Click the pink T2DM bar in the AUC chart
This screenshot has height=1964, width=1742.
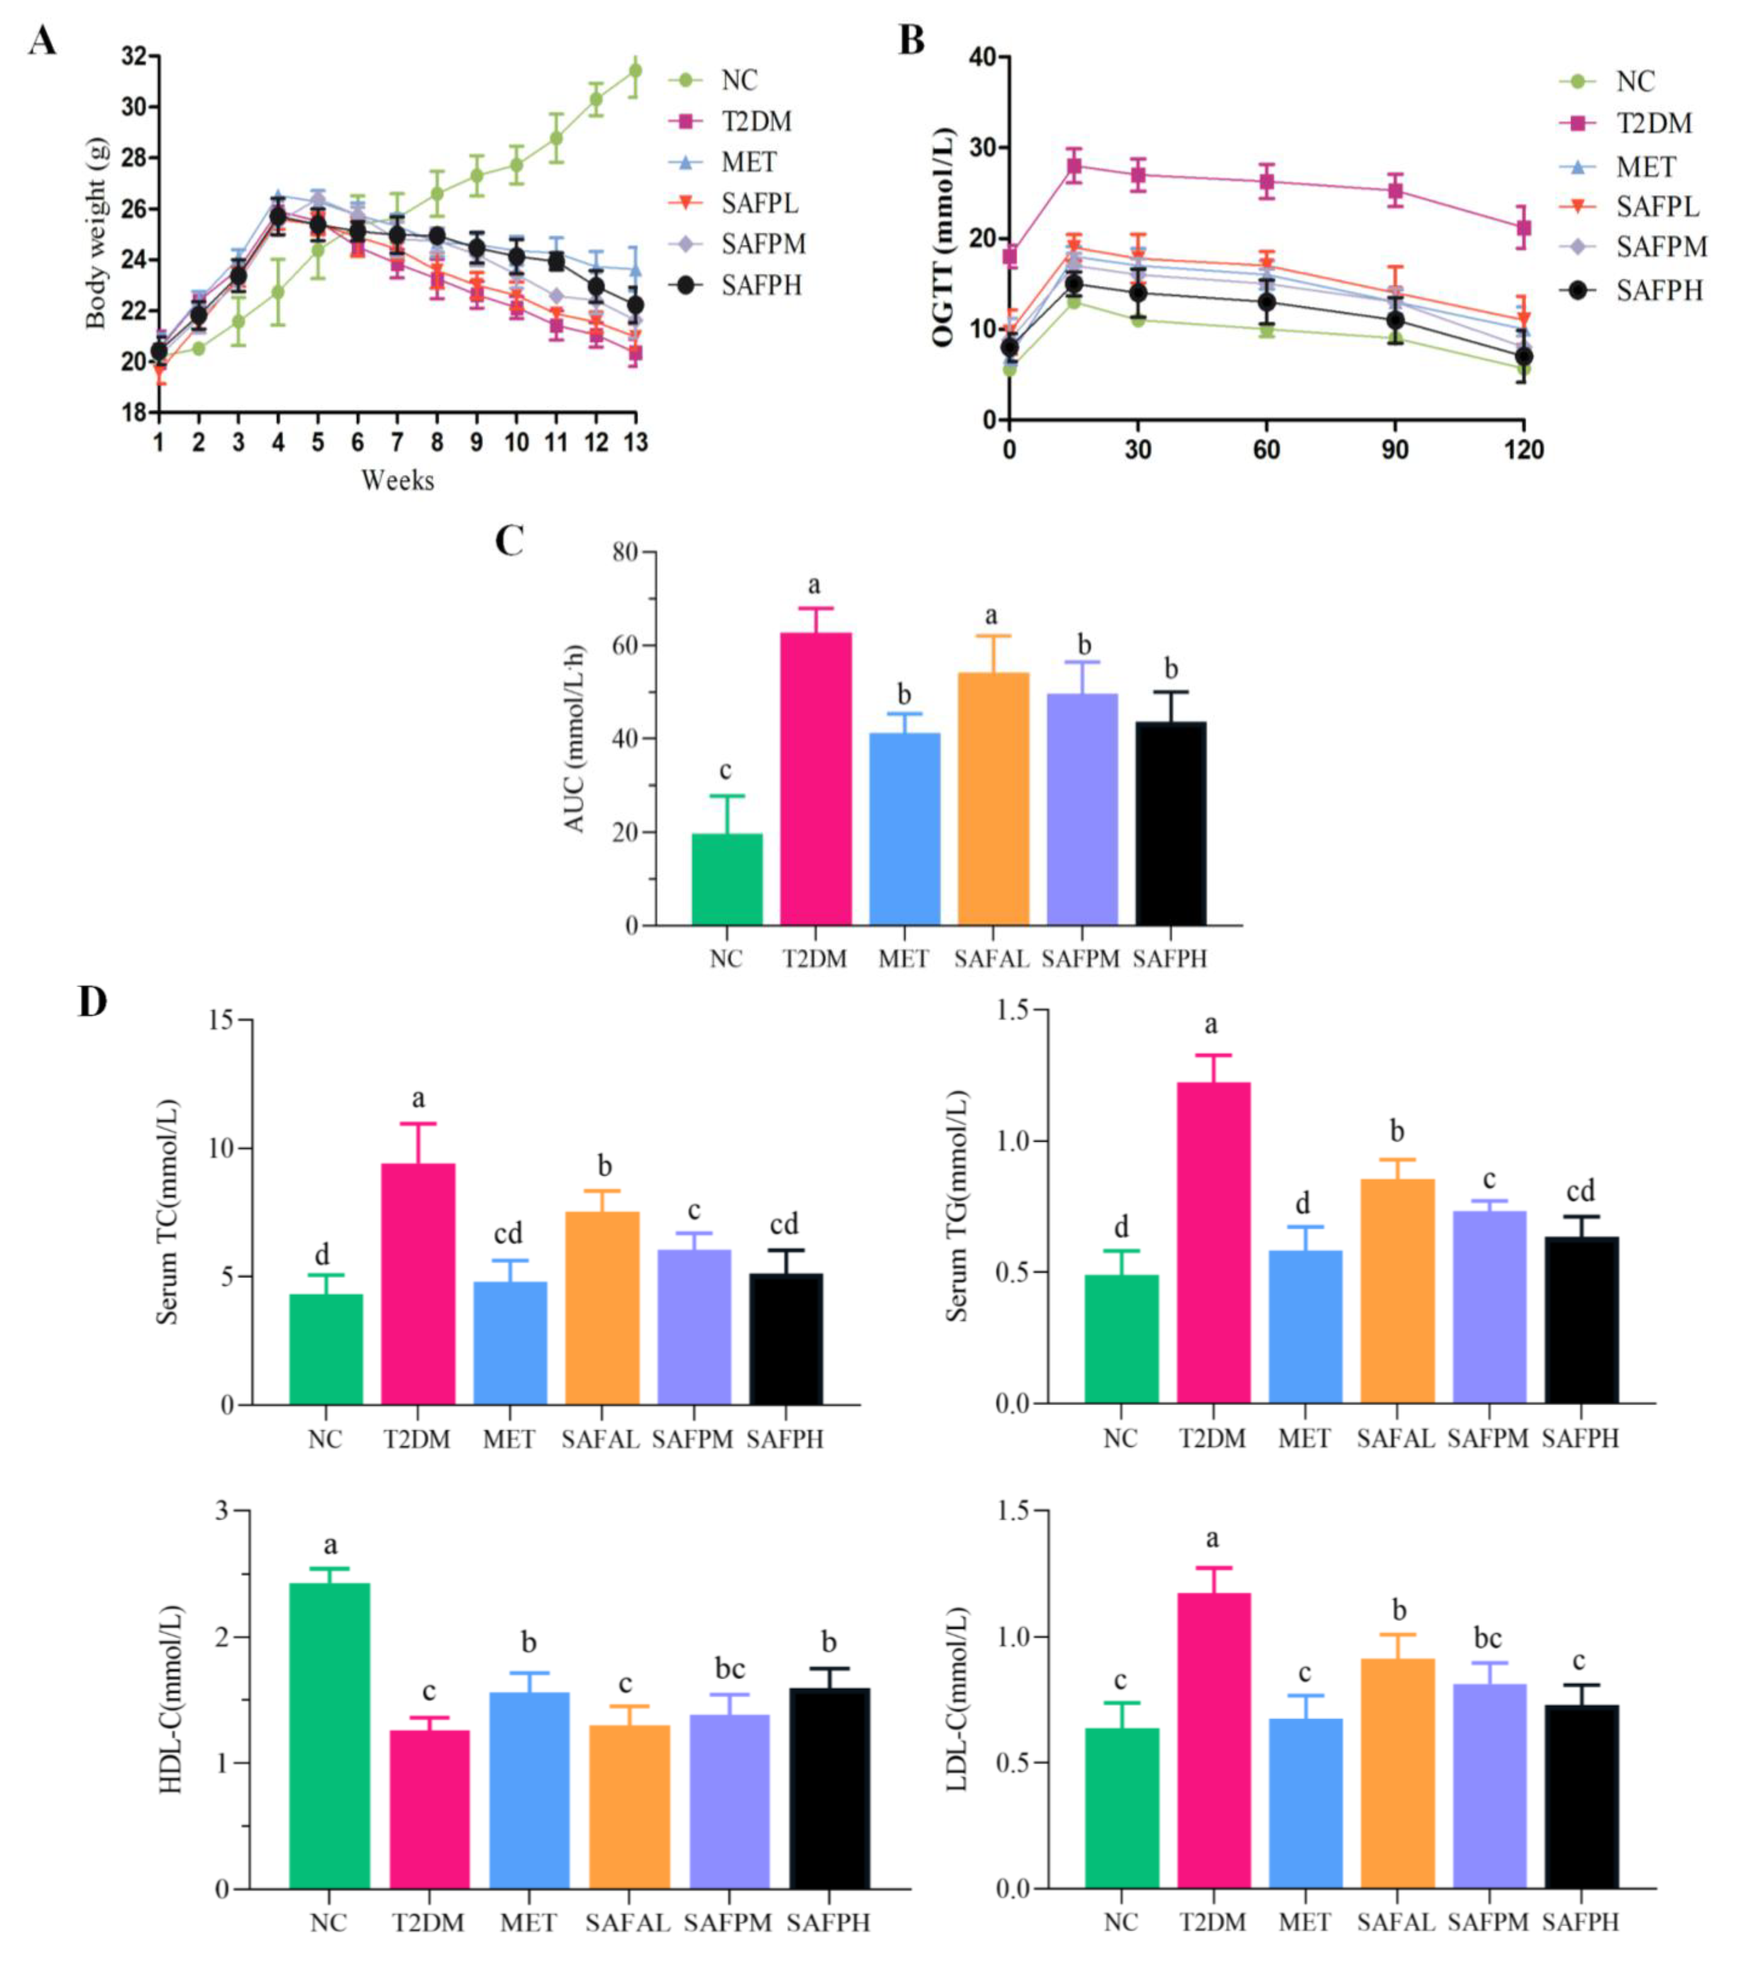(x=815, y=778)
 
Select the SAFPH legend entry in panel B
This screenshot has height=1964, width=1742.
(x=1658, y=290)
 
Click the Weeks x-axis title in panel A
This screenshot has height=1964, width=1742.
(x=397, y=481)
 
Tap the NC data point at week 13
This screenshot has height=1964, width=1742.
(x=635, y=70)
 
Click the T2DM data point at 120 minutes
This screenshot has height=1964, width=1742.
(x=1523, y=228)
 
